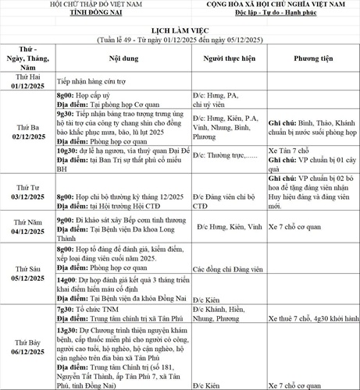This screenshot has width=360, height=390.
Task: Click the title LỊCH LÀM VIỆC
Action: [x=179, y=27]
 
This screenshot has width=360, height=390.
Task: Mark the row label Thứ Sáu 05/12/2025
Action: [x=28, y=272]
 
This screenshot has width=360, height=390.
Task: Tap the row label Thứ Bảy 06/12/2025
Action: [x=28, y=347]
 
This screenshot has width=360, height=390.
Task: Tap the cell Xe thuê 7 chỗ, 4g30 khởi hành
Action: [x=312, y=318]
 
